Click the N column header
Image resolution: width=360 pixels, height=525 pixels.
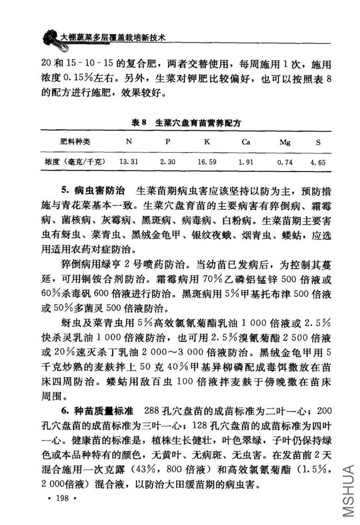click(x=128, y=142)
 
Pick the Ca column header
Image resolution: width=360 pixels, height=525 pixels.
click(x=245, y=142)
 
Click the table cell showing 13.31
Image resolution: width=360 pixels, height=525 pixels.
click(x=128, y=162)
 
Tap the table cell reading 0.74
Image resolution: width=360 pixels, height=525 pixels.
click(x=285, y=163)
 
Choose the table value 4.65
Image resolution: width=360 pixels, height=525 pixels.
click(x=318, y=163)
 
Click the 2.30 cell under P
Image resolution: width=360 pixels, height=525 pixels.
click(x=168, y=162)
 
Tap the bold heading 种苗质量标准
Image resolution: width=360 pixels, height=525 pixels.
click(x=104, y=409)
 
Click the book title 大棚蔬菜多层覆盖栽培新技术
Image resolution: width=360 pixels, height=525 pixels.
click(x=113, y=38)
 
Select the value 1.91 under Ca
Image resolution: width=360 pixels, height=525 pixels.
click(x=245, y=163)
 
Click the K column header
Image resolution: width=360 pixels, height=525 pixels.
click(x=206, y=142)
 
